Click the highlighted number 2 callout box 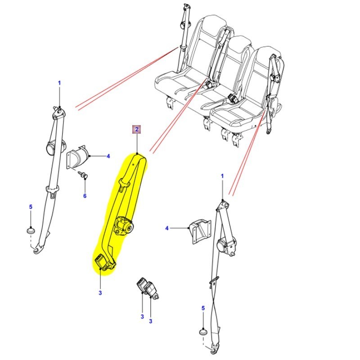click(137, 129)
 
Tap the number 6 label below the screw click(85, 196)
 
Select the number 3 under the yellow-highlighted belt click(100, 293)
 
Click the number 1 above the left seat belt click(59, 83)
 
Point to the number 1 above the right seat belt click(222, 176)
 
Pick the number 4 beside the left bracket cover click(108, 156)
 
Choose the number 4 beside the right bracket click(167, 228)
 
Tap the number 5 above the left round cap click(31, 207)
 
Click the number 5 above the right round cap click(203, 308)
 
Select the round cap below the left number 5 click(31, 230)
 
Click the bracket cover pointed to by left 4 click(77, 157)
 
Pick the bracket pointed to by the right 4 click(200, 231)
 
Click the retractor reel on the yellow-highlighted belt click(124, 226)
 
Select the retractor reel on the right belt click(225, 246)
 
